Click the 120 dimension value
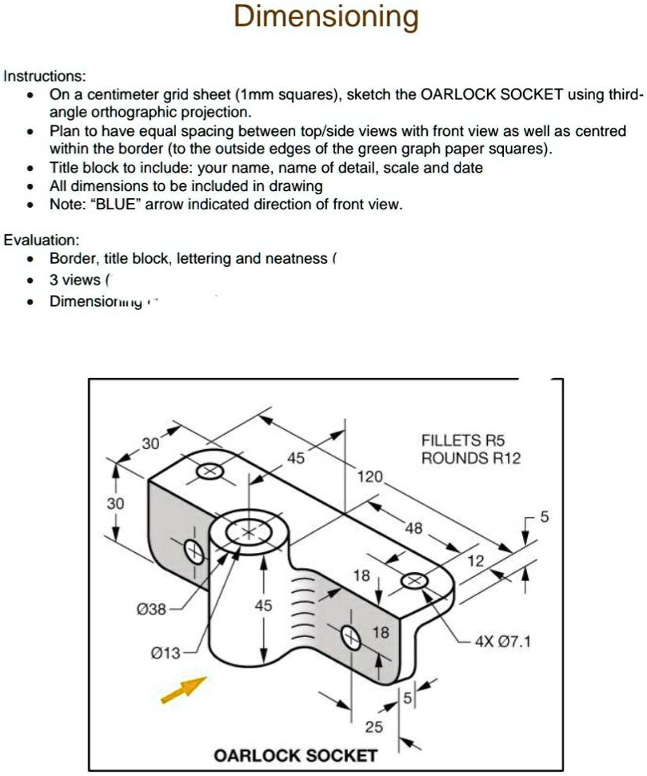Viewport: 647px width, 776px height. coord(370,477)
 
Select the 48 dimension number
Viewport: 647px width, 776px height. coord(414,528)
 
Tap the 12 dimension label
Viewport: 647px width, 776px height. coord(476,561)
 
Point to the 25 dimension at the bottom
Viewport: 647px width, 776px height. coord(374,726)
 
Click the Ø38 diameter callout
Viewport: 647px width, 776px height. coord(152,610)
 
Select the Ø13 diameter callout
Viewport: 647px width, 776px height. coord(166,655)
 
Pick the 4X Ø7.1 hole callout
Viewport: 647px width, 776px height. coord(503,641)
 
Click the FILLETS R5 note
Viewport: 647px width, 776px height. coord(464,440)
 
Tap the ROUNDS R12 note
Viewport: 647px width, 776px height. coord(471,458)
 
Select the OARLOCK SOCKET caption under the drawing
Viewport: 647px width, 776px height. coord(295,755)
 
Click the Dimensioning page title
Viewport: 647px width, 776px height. coord(325,17)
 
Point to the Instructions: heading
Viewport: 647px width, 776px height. coord(45,77)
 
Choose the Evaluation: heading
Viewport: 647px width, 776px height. coord(42,240)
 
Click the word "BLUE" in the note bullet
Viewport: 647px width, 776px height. coord(118,205)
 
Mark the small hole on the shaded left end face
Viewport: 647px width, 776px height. coord(193,551)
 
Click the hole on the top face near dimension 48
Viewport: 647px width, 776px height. coord(415,581)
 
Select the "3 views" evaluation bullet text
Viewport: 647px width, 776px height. coord(75,280)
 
